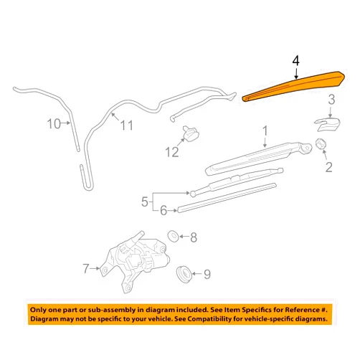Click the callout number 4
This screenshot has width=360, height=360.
coord(295,61)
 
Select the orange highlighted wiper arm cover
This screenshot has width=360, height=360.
coord(294,85)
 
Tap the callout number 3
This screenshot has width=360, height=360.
coord(331,100)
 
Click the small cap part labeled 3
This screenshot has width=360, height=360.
coord(327,125)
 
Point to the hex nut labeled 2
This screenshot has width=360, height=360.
coord(321,144)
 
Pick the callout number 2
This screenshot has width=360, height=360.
coord(329,167)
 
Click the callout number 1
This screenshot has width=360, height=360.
coord(265,131)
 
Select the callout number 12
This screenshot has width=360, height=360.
coord(172,152)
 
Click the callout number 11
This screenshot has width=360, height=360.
coord(126,125)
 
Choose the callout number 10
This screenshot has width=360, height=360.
coord(54,124)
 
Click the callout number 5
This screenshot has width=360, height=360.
coord(145,202)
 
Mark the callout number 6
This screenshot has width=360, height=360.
coord(164,211)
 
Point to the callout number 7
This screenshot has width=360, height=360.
coord(86,268)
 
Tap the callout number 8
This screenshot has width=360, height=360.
coord(194,237)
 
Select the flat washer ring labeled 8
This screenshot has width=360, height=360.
coord(174,236)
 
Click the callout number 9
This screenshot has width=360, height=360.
coord(207,275)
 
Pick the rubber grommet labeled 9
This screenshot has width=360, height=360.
coord(184,274)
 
